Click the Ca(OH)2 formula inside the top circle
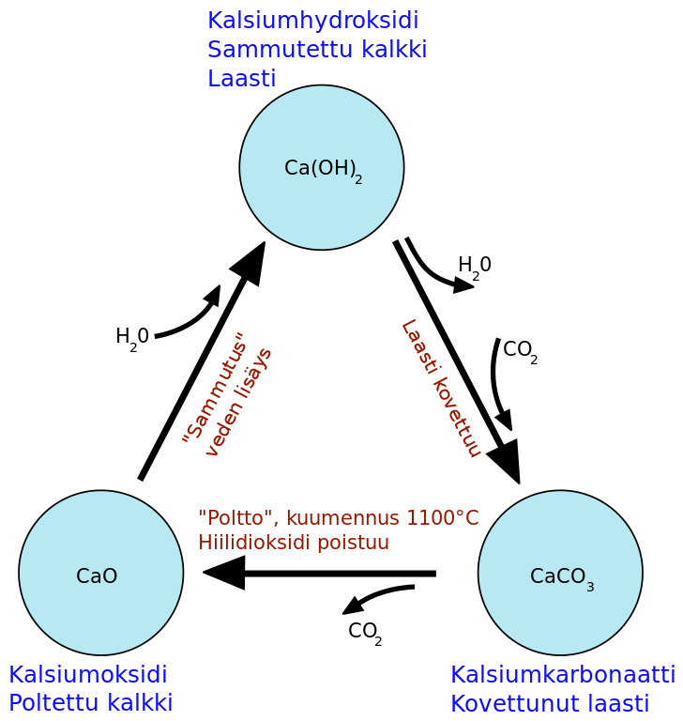point(322,169)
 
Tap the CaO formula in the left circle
point(97,576)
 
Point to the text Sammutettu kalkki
point(317,50)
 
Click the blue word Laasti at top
point(241,79)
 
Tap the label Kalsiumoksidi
point(88,675)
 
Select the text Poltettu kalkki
point(91,703)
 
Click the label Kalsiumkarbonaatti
point(563,675)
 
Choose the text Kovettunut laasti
point(550,703)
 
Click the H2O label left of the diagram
point(132,337)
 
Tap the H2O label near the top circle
point(474,266)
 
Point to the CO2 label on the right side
point(520,351)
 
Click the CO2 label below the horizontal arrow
point(364,632)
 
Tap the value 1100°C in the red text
point(441,518)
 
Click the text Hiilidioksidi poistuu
point(293,543)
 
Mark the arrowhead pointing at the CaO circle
point(223,573)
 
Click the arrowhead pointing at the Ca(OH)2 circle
point(251,261)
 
